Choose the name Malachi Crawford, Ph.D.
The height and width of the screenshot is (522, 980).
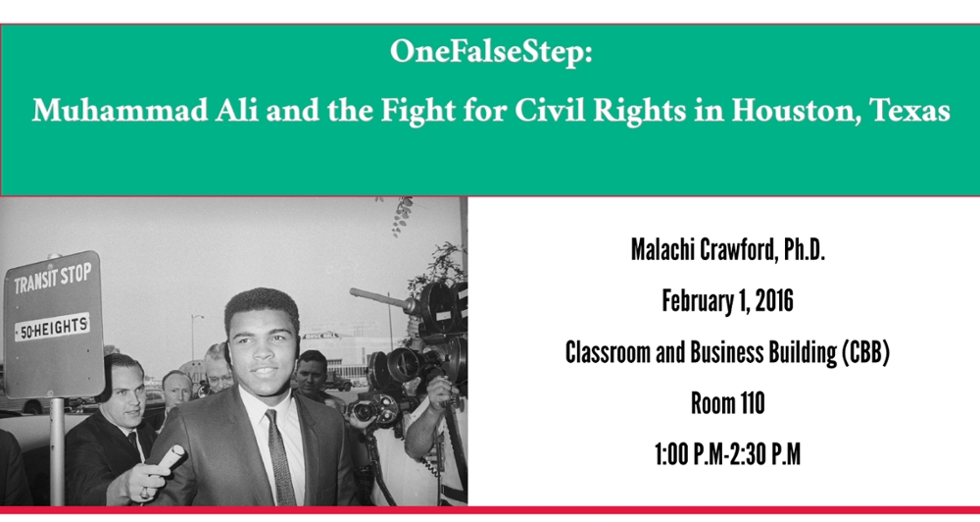[727, 250]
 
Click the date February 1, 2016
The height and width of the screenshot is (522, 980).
[727, 301]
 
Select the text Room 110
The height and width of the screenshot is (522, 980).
[727, 403]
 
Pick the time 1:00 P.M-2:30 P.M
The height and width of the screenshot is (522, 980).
[727, 454]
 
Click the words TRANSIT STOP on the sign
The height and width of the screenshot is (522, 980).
[53, 279]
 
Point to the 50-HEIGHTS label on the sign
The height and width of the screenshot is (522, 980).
[52, 327]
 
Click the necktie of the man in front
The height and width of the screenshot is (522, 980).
[280, 459]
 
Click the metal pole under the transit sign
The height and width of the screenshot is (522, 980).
[57, 451]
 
